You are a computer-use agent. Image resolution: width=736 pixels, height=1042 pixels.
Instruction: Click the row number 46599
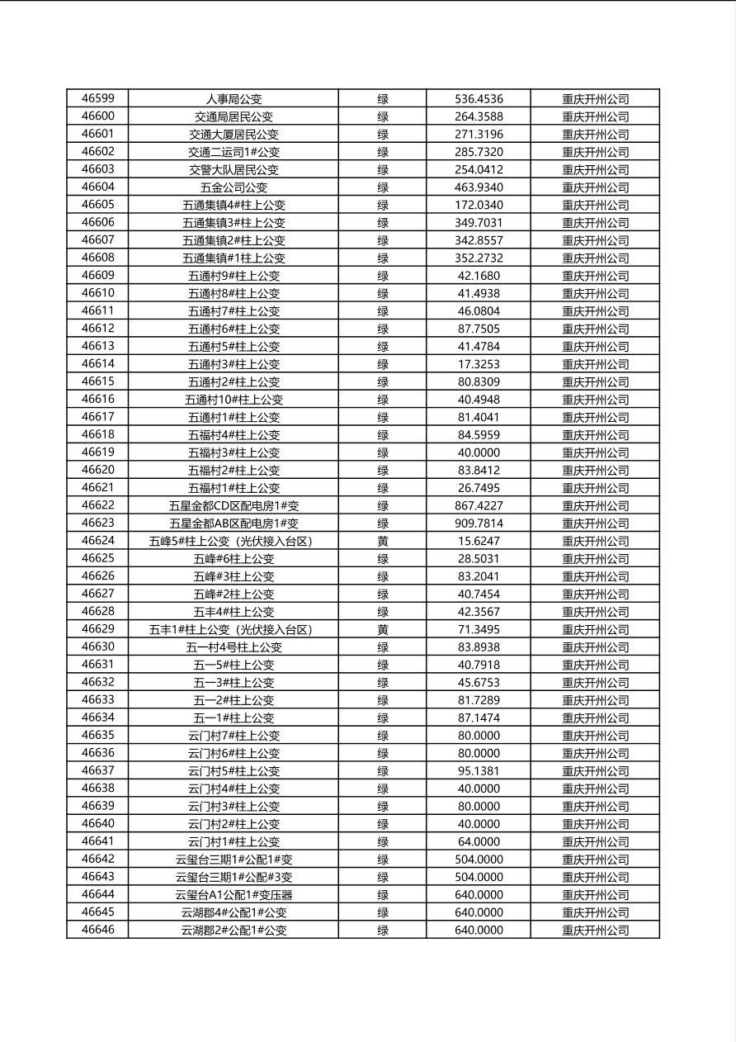[97, 99]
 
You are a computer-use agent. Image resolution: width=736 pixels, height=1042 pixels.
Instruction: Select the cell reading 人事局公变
[234, 99]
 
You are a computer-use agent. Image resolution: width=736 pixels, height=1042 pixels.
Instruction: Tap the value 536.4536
[479, 99]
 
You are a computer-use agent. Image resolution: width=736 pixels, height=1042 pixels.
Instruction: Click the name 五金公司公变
[234, 187]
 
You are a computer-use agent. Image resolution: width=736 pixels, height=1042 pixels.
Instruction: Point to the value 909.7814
[479, 523]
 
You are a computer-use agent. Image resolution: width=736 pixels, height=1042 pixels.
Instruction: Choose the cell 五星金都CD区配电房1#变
[234, 505]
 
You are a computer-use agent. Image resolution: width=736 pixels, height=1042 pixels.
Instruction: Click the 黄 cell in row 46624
[383, 541]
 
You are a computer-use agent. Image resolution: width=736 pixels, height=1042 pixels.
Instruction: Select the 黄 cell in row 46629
[383, 629]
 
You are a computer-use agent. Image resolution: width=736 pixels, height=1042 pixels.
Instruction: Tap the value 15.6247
[479, 541]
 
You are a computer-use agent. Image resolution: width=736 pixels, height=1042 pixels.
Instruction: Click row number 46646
[97, 930]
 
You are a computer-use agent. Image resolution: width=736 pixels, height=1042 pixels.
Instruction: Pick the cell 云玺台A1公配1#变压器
[234, 894]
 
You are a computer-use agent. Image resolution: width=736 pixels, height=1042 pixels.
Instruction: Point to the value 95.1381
[479, 770]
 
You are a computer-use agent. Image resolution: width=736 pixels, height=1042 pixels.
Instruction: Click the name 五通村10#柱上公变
[234, 400]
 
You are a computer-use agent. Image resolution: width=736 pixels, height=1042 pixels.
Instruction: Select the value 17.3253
[479, 364]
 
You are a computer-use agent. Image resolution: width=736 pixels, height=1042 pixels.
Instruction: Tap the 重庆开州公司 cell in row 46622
[595, 505]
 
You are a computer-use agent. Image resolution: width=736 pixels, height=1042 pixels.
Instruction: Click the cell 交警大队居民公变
[234, 169]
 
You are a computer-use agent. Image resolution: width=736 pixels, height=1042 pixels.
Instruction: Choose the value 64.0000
[479, 841]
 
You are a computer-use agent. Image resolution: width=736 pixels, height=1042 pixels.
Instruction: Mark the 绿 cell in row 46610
[383, 293]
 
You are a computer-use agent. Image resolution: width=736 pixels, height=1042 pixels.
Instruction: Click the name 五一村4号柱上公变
[234, 647]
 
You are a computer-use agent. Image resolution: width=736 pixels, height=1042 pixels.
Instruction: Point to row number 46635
[97, 736]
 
